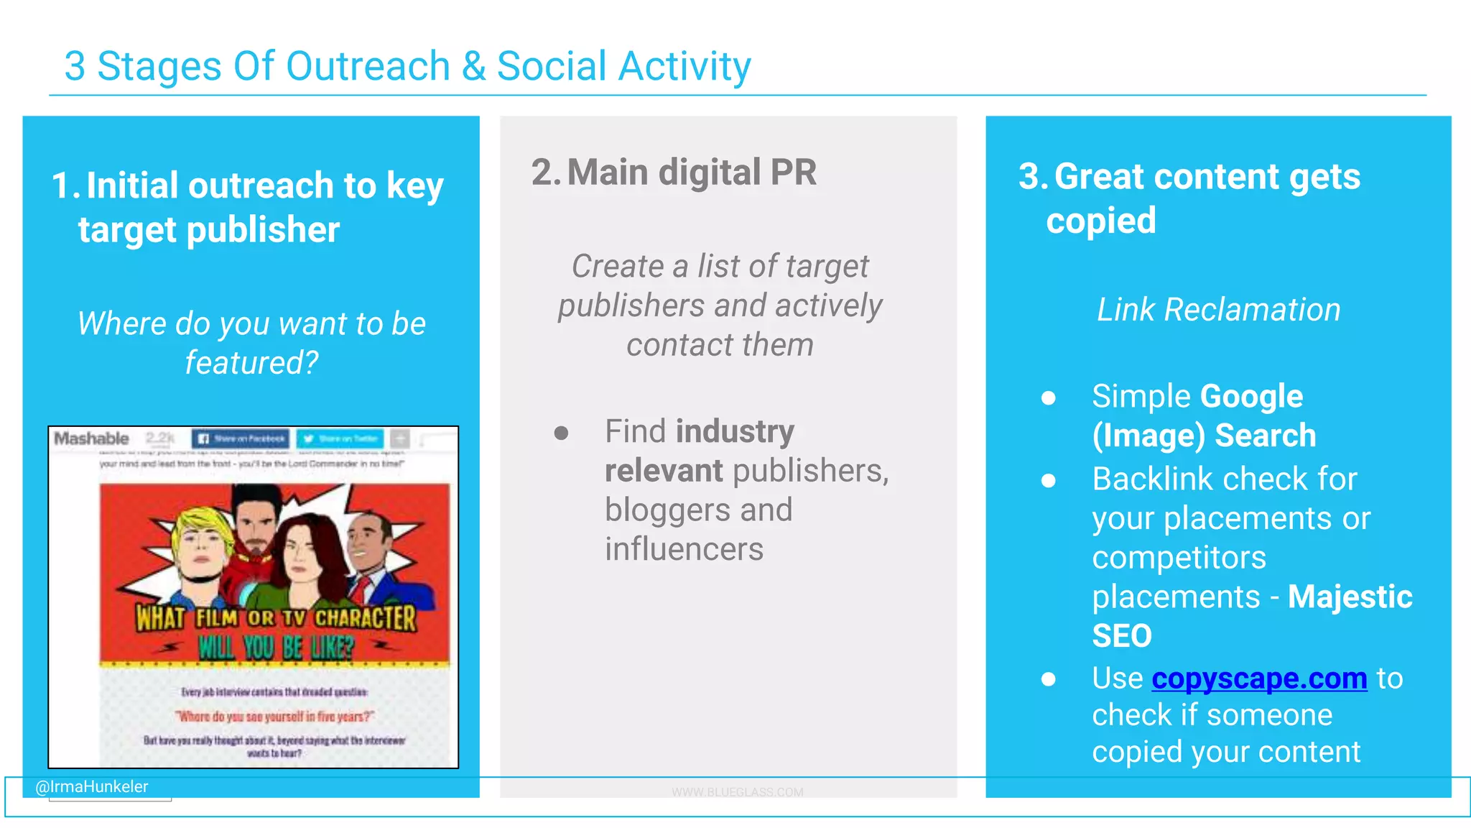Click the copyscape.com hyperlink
click(1258, 678)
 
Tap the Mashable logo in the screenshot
click(91, 438)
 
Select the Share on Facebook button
click(241, 438)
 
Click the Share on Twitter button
click(340, 438)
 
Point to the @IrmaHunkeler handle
click(92, 787)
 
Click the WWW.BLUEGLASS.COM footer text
click(738, 792)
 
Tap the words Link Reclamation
click(1218, 310)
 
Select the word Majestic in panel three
click(1350, 597)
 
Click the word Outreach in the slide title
click(368, 66)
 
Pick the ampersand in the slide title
click(473, 66)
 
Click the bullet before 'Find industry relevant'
click(562, 433)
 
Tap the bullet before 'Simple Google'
click(1049, 397)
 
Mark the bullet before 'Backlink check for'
click(1049, 480)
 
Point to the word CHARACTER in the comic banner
click(365, 618)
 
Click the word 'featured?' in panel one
click(251, 363)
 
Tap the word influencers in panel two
click(684, 550)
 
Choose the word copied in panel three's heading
click(1101, 221)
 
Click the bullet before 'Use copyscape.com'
click(1049, 679)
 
